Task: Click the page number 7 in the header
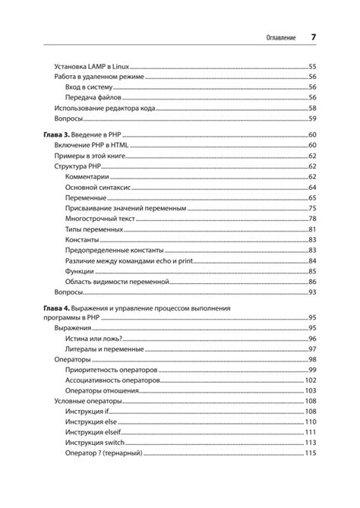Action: tap(313, 37)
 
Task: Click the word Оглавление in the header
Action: tap(277, 38)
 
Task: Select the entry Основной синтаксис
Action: tap(100, 187)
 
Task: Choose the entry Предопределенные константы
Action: tap(114, 250)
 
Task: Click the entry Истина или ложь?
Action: tap(95, 338)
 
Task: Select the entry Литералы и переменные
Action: tap(104, 349)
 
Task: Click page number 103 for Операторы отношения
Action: tap(310, 390)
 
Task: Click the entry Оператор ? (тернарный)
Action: tap(105, 453)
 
